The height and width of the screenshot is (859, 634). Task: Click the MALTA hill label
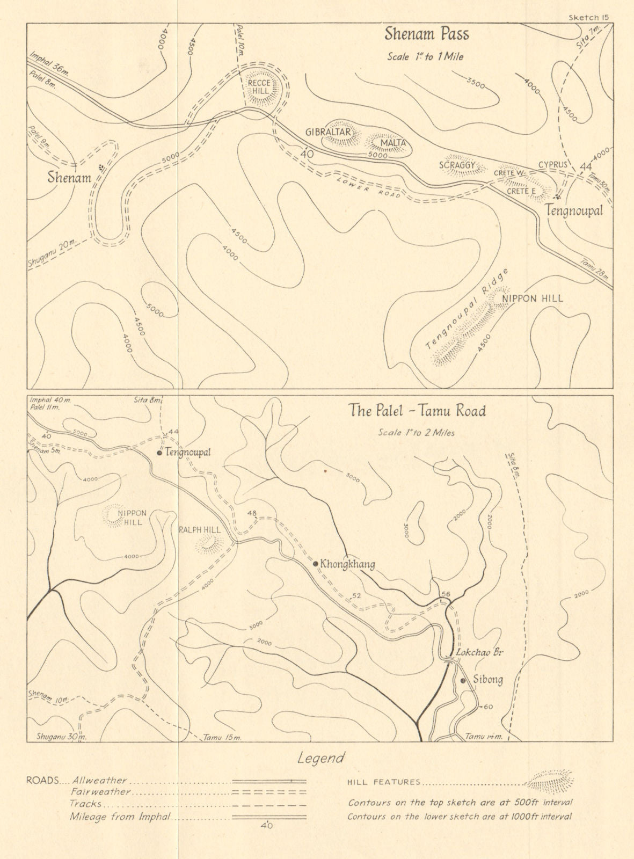point(392,143)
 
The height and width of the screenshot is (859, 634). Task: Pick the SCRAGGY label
point(457,166)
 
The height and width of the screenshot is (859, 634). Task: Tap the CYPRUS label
point(553,165)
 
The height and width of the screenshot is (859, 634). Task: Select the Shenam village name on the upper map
point(69,178)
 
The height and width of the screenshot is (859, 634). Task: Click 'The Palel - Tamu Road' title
point(417,411)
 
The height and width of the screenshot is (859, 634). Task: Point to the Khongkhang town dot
point(316,564)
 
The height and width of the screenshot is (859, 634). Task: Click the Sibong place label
point(487,680)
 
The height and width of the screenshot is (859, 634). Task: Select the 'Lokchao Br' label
point(475,653)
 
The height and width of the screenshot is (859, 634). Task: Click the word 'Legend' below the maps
point(320,759)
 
